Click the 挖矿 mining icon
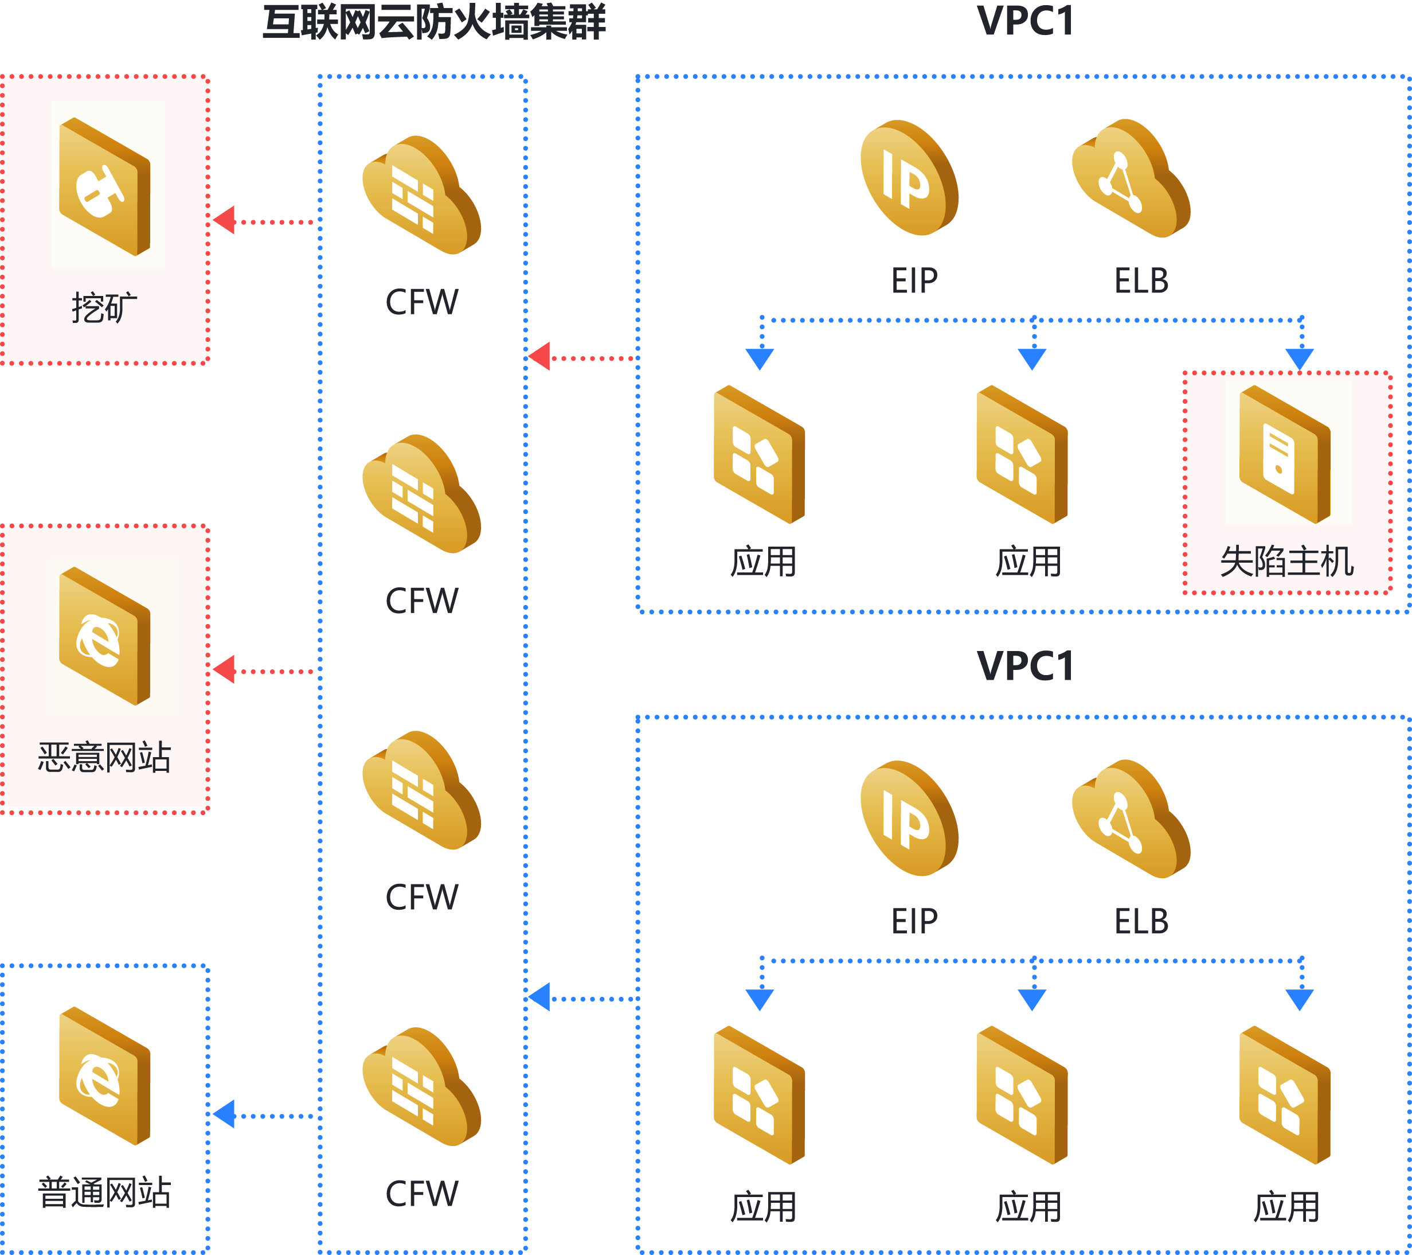[104, 186]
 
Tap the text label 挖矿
[104, 307]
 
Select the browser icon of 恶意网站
[104, 636]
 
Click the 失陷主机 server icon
[1284, 454]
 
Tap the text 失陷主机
[1286, 561]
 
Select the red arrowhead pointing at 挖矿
[224, 220]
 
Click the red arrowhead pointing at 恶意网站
[224, 669]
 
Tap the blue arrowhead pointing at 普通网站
[224, 1114]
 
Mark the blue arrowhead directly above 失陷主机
[1300, 358]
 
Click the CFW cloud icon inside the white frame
[421, 1086]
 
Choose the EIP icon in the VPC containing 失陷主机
[909, 178]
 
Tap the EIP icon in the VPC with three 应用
[909, 819]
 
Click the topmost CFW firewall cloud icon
[421, 195]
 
